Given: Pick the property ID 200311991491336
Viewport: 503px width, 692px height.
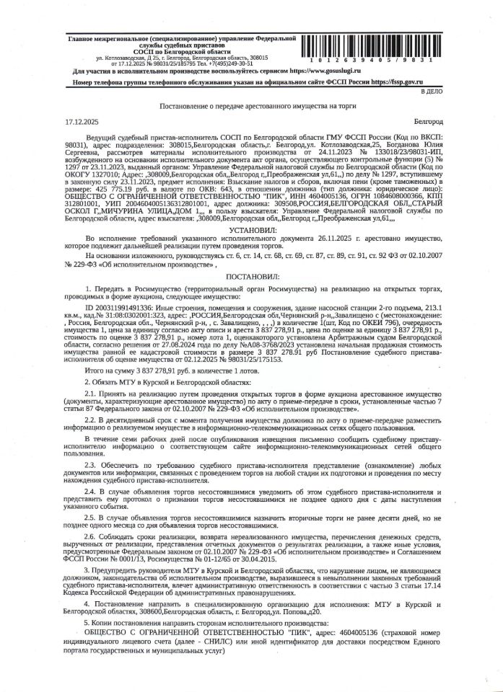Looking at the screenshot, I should tap(126, 306).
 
